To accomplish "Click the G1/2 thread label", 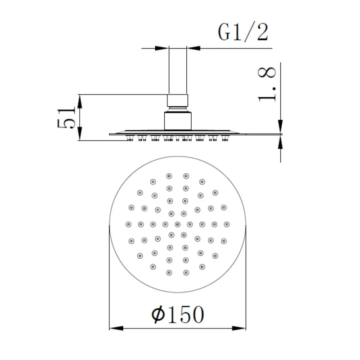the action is [x=243, y=32].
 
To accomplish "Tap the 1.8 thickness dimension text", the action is [x=267, y=84].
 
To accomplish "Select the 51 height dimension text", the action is [x=66, y=117].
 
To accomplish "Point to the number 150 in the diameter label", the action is [x=186, y=314].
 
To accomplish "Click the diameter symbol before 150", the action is [x=158, y=314].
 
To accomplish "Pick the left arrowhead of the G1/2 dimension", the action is [x=162, y=48].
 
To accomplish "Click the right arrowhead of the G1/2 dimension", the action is [x=193, y=48].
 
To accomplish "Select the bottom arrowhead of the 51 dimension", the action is [x=80, y=134].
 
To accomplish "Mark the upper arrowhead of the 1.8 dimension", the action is [x=280, y=126].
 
